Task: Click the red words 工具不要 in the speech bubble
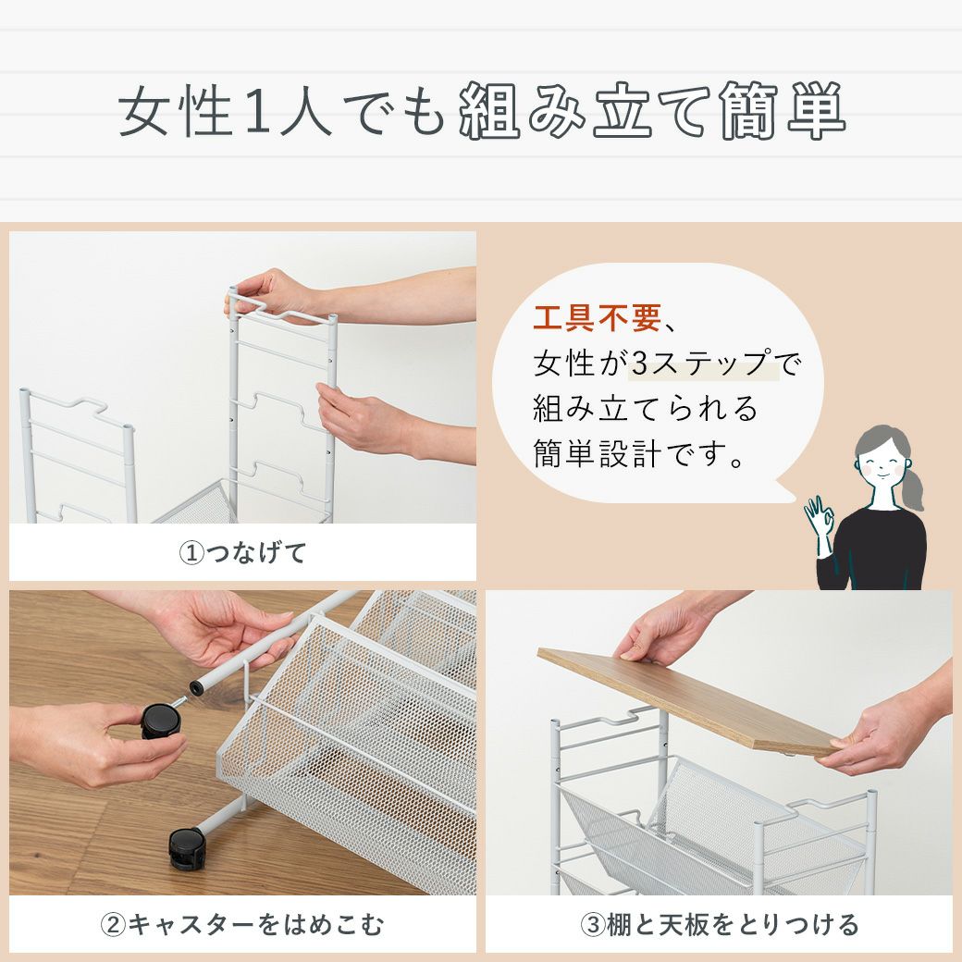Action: (597, 318)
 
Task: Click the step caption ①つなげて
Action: (243, 553)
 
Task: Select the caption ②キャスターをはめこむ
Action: (243, 925)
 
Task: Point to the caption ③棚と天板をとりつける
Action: (720, 925)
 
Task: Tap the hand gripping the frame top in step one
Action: (273, 294)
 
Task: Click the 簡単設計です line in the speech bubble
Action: (638, 454)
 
